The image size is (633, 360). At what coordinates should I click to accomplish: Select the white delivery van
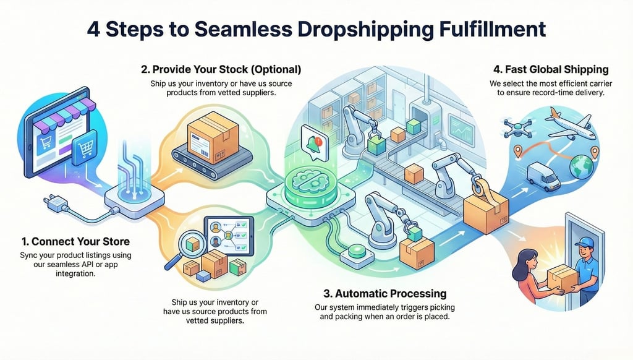[x=542, y=176]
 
